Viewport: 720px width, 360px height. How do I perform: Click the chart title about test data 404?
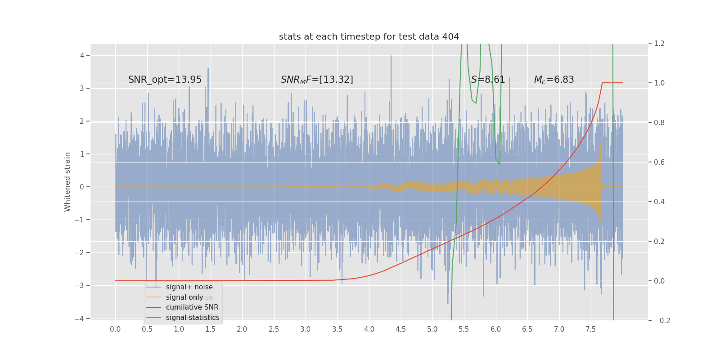(x=369, y=37)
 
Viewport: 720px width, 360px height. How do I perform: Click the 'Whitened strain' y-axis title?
(x=67, y=182)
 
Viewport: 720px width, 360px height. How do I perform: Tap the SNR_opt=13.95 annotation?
(x=165, y=80)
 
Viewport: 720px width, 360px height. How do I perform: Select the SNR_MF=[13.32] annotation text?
(x=317, y=80)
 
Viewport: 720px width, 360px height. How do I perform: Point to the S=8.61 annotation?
(x=488, y=80)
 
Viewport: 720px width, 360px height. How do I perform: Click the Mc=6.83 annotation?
(x=554, y=80)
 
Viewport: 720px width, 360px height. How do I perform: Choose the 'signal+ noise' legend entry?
(x=189, y=287)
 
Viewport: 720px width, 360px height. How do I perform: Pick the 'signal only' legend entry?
(x=184, y=297)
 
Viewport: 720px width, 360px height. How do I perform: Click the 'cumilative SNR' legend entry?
(x=192, y=307)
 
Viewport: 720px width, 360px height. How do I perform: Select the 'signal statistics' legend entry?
(x=193, y=318)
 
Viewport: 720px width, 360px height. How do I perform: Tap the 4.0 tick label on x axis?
(x=369, y=329)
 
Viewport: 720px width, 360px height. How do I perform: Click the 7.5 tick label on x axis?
(x=591, y=329)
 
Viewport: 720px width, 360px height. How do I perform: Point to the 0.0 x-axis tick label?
(x=115, y=329)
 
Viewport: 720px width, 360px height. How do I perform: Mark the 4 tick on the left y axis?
(x=82, y=55)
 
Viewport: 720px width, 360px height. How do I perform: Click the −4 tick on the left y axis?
(x=80, y=319)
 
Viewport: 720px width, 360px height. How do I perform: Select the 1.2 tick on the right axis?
(x=659, y=44)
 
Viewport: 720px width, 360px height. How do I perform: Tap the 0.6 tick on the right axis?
(x=659, y=162)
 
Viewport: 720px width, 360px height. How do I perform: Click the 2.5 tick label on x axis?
(x=274, y=329)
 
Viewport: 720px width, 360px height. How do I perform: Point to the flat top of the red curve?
(x=612, y=83)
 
